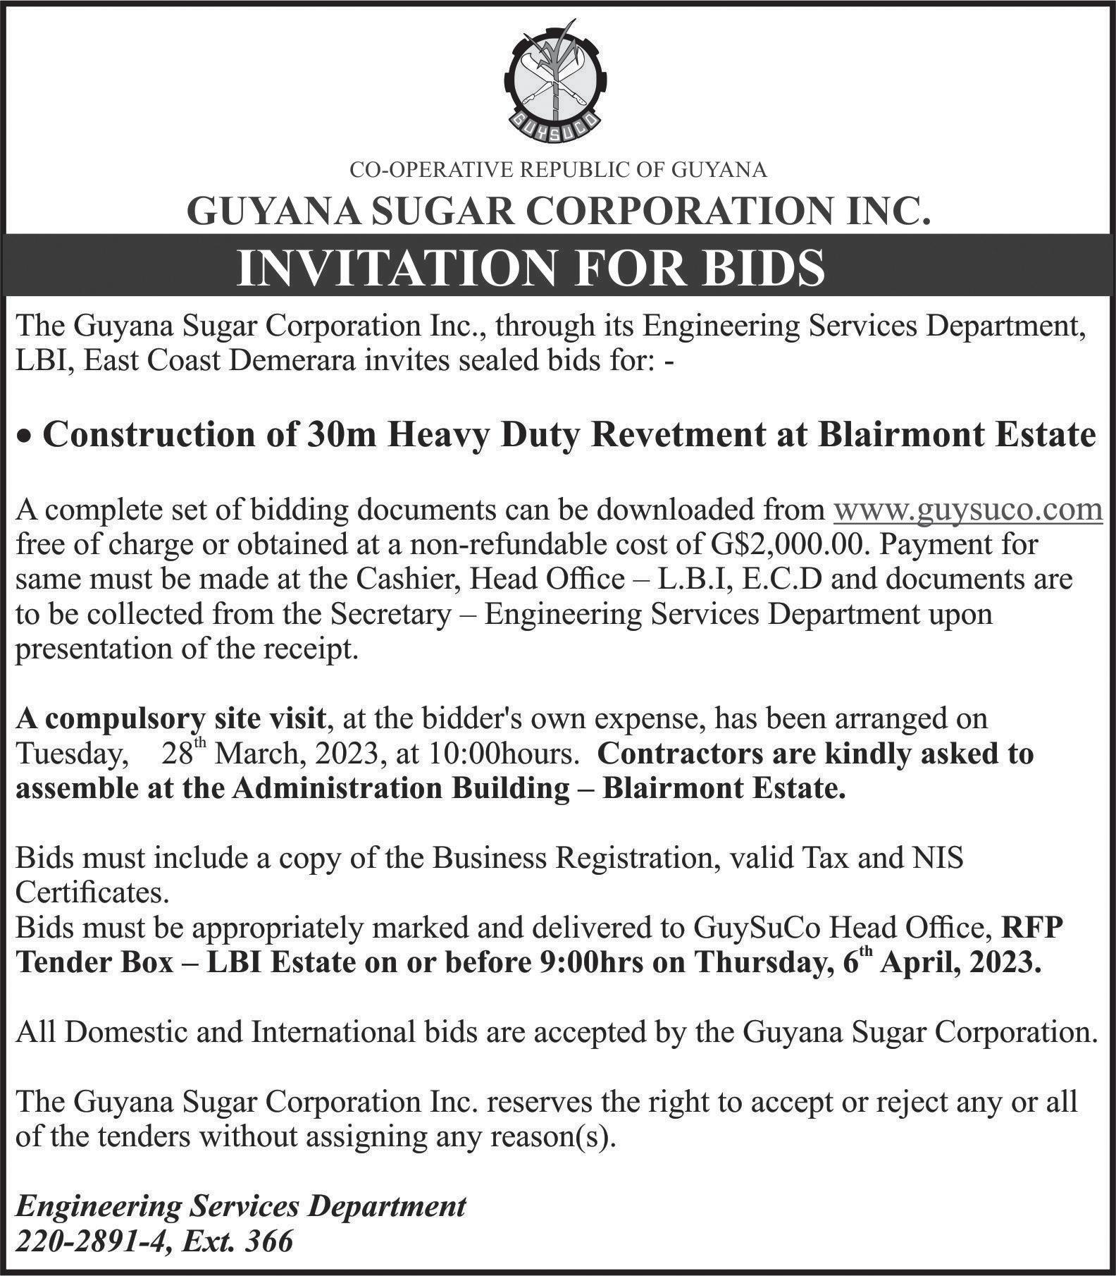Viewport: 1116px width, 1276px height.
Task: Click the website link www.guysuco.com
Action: point(967,509)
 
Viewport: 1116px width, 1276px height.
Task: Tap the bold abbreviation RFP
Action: point(1031,928)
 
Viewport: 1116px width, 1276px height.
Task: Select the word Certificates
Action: point(92,893)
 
